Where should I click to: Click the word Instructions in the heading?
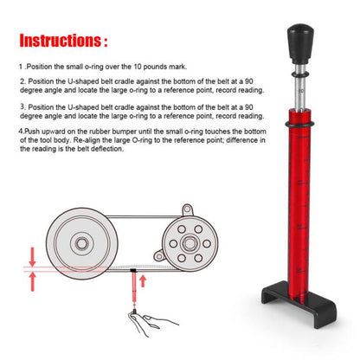[x=58, y=41]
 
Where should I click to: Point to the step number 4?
[x=21, y=132]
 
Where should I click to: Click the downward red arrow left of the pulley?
[x=32, y=256]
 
